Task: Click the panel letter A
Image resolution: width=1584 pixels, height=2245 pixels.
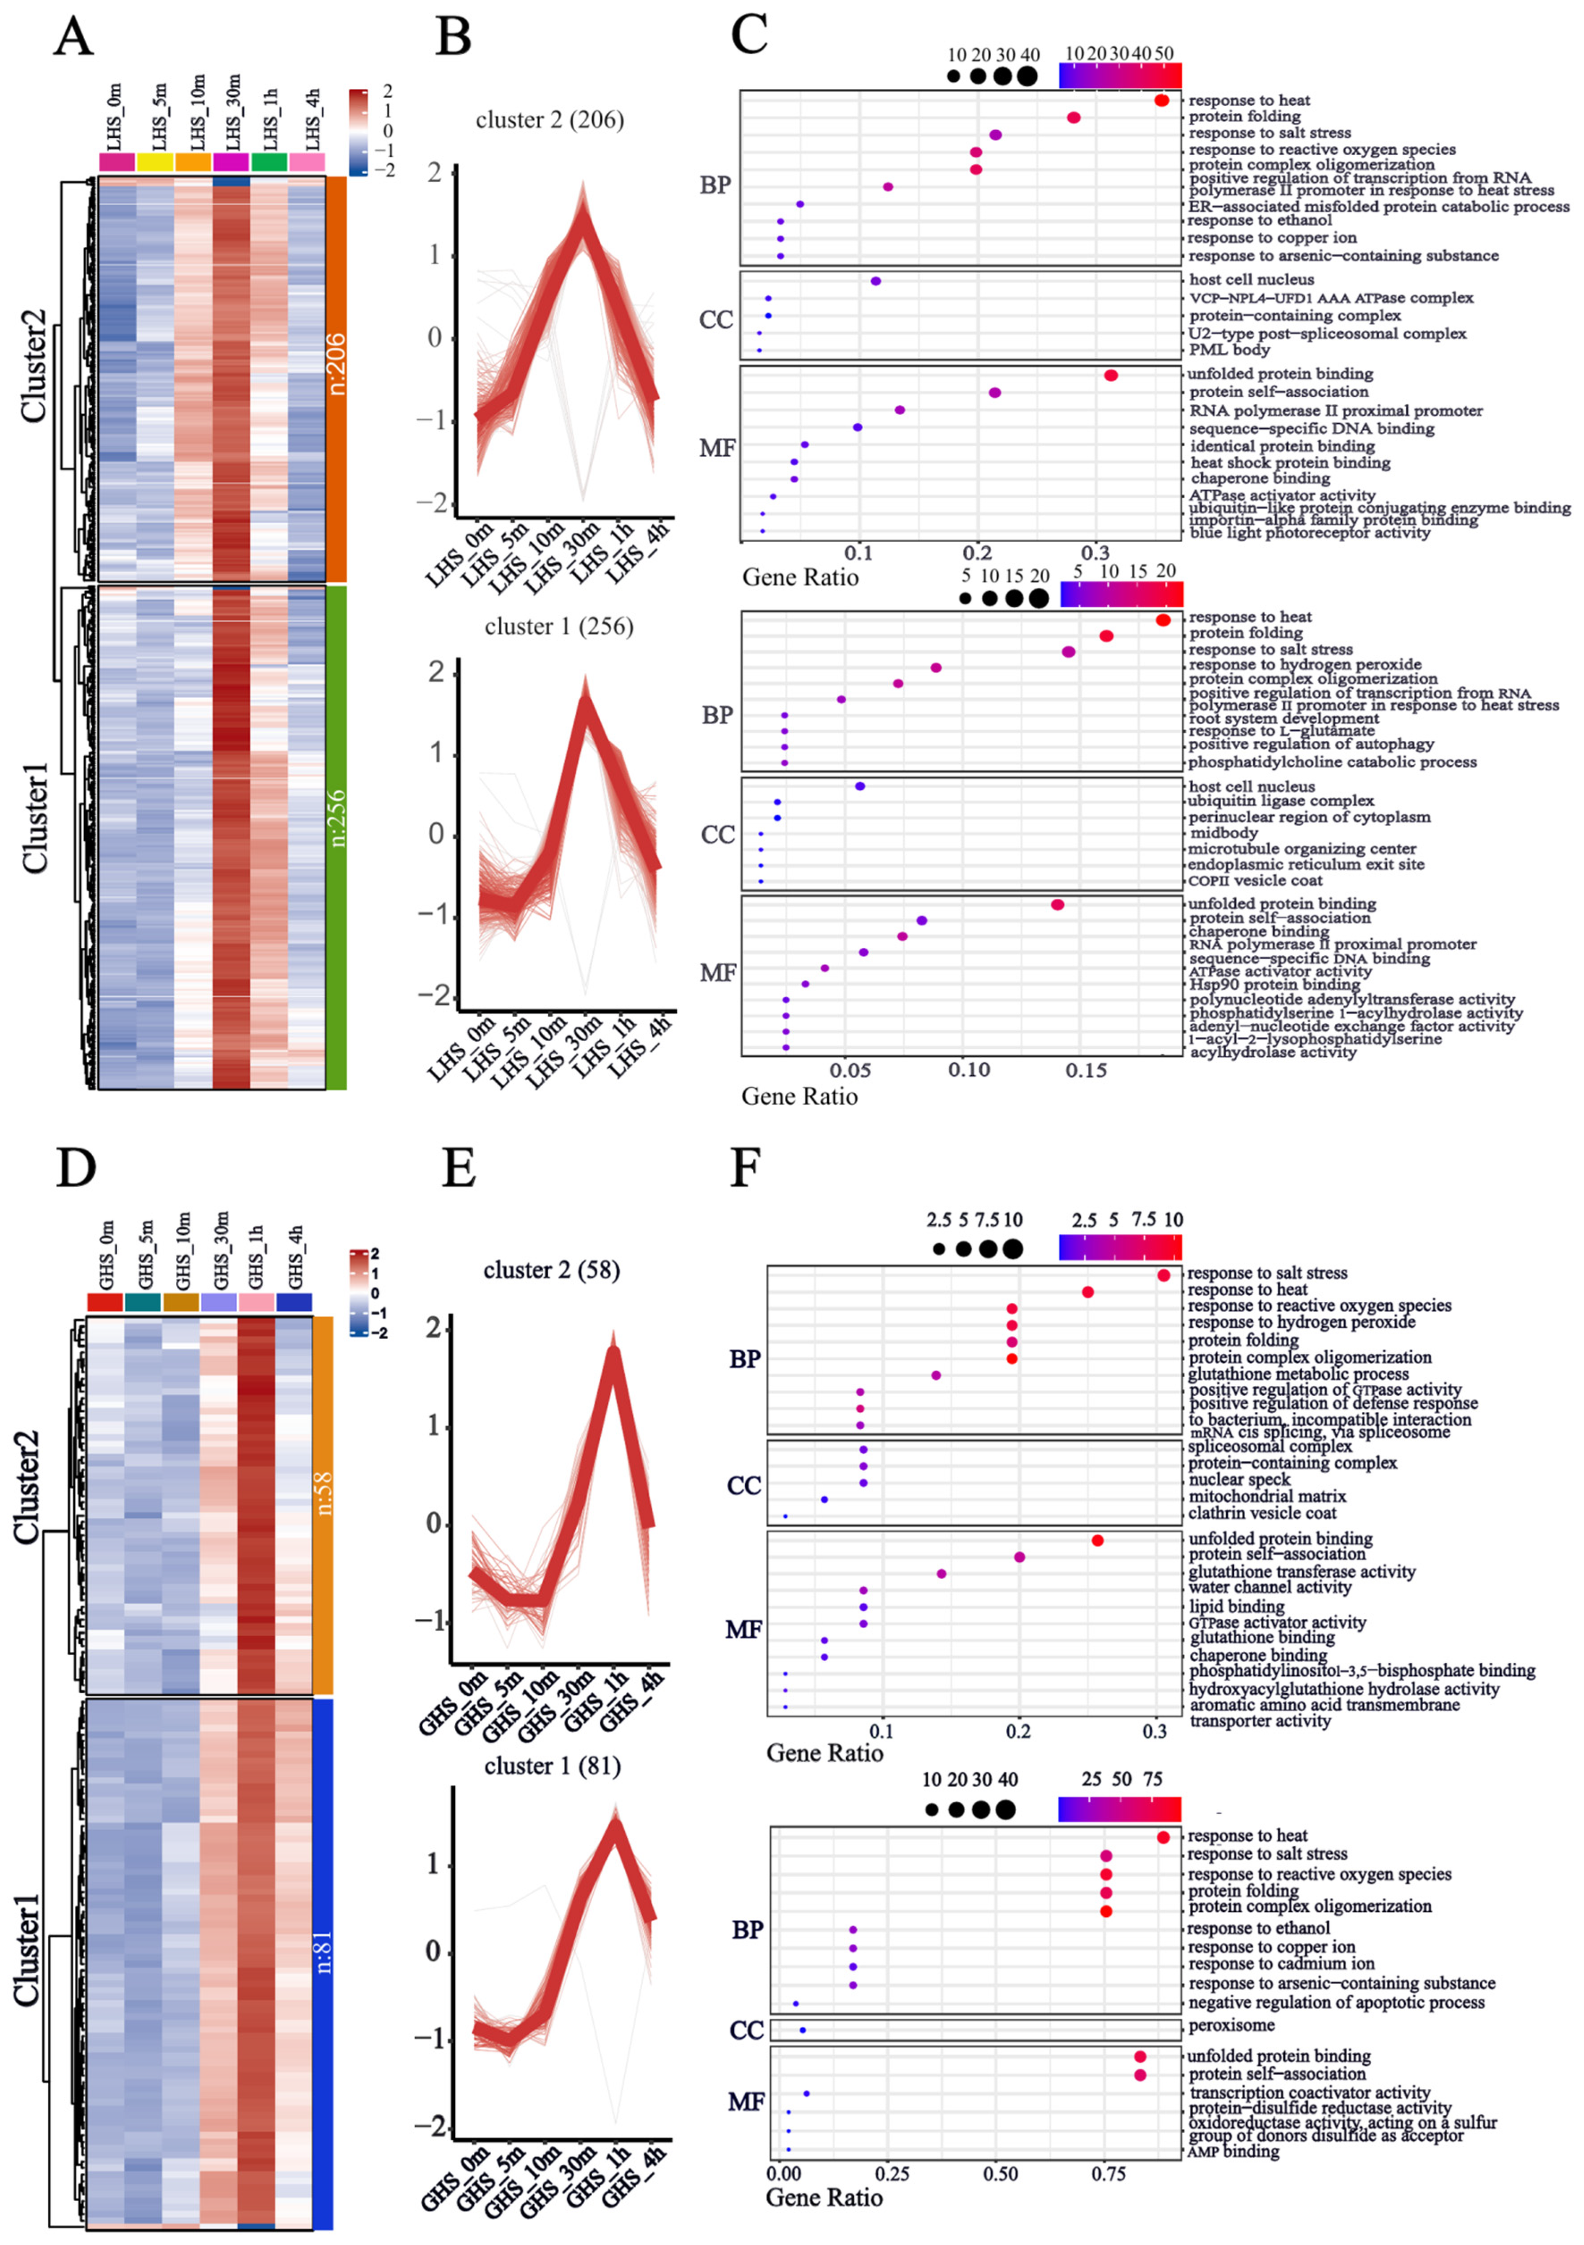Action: tap(73, 37)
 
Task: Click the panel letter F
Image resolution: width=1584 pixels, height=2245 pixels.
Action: tap(745, 1167)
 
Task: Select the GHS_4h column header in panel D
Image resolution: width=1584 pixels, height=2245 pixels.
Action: tap(295, 1256)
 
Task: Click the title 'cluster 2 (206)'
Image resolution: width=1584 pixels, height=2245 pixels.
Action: tap(549, 120)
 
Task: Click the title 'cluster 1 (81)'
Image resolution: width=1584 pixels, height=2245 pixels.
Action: tap(552, 1766)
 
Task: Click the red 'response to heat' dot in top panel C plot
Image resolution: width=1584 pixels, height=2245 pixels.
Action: tap(1161, 101)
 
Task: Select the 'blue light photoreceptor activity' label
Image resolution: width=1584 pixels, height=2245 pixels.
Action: tap(1309, 533)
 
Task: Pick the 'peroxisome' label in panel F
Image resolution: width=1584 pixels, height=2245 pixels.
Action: tap(1232, 2025)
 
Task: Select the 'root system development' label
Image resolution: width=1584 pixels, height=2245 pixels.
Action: tap(1284, 718)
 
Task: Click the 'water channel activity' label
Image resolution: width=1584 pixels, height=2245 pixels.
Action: tap(1270, 1587)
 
